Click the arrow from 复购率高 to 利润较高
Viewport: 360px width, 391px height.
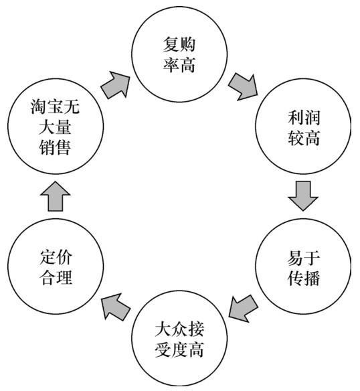point(243,86)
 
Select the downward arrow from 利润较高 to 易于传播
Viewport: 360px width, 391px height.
point(303,196)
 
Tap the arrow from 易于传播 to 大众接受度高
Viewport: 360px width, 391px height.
point(243,309)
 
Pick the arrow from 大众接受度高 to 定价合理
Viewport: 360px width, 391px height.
point(116,307)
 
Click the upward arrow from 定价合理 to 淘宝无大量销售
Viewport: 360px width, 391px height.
point(55,196)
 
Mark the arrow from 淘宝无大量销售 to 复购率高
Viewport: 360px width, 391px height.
point(116,85)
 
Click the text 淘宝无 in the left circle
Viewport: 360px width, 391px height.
point(55,106)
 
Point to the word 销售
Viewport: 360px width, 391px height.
point(55,147)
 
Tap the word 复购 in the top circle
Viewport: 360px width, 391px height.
point(179,44)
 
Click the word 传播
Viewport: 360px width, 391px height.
point(304,278)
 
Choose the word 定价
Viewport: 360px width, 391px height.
point(56,257)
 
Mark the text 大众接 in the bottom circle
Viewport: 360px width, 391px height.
point(179,329)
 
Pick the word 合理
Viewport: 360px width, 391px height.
point(56,277)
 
